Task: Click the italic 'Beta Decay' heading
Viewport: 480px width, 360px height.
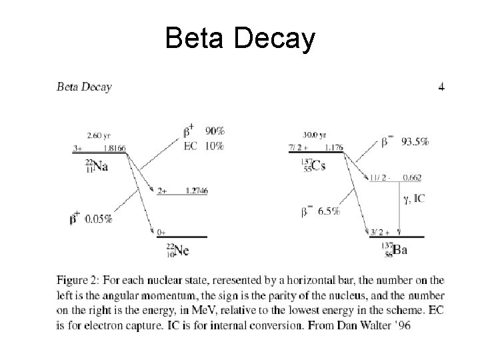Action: [x=85, y=86]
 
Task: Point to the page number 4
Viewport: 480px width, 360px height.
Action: [x=441, y=87]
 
